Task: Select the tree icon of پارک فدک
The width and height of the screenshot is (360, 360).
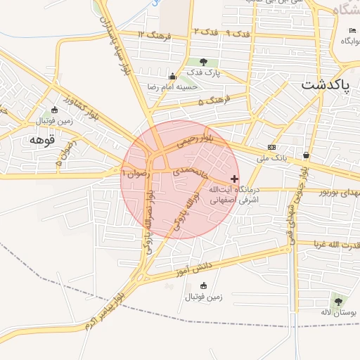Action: [x=204, y=62]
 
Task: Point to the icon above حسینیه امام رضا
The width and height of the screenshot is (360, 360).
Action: [x=172, y=76]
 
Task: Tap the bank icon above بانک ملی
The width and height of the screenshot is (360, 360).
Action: [x=271, y=147]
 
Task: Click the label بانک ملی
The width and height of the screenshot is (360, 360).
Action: [x=272, y=157]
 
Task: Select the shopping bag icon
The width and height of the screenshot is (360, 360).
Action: [x=306, y=154]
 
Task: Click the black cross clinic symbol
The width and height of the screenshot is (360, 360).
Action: [x=234, y=179]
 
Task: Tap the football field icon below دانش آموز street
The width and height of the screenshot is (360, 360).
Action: [x=204, y=286]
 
